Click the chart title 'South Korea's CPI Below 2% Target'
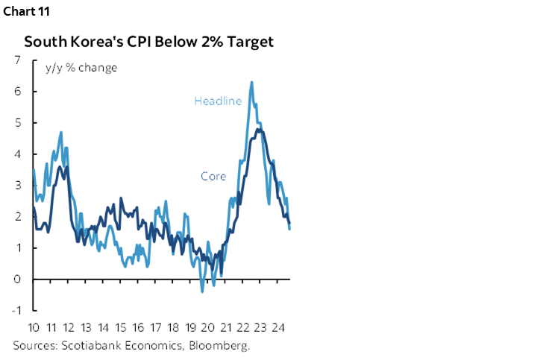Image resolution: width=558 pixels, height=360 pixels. tap(149, 42)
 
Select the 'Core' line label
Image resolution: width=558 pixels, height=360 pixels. tap(213, 177)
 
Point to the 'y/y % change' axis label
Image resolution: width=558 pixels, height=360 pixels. tap(81, 68)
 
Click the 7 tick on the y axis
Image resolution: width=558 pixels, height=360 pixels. tap(17, 60)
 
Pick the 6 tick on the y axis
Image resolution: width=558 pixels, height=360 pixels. tap(17, 92)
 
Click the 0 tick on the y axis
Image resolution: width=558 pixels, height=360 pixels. tap(17, 280)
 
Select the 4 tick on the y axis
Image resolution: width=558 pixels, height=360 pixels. tap(17, 154)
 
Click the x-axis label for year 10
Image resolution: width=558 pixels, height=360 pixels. tap(34, 328)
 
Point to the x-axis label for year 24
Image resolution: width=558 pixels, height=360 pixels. tap(279, 328)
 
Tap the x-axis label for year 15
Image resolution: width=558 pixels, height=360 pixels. tap(121, 328)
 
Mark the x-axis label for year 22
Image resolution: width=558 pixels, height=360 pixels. tap(244, 328)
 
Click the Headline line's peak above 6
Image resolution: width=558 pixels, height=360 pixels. tap(251, 82)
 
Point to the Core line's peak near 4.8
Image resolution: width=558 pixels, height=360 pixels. tap(258, 129)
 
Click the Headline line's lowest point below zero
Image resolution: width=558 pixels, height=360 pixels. tap(201, 291)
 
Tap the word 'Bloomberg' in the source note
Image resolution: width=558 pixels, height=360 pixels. tap(222, 345)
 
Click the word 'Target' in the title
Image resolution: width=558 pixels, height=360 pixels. tap(249, 42)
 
